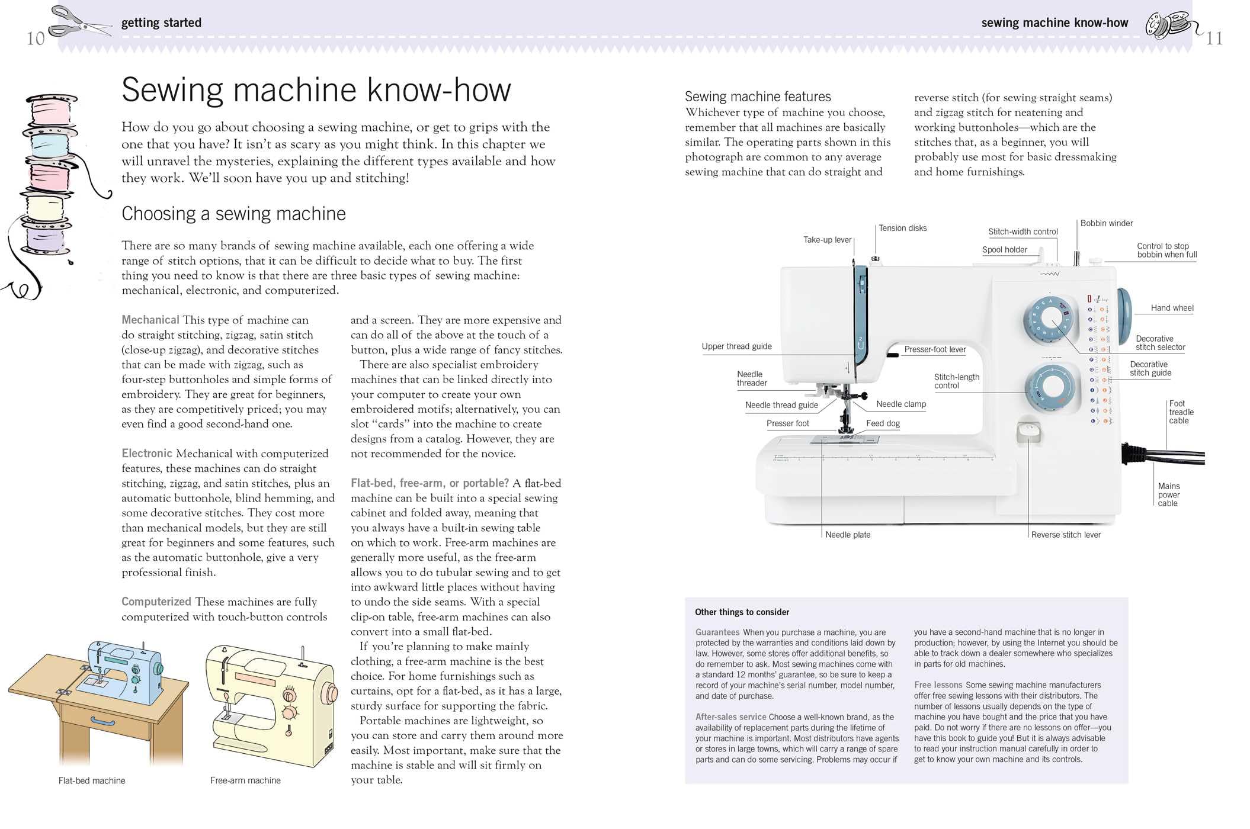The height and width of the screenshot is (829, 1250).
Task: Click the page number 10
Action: click(36, 39)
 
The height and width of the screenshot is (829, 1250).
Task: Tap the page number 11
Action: click(1214, 39)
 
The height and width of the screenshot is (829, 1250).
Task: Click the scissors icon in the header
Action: click(79, 23)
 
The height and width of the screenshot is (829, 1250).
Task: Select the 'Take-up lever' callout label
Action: click(826, 240)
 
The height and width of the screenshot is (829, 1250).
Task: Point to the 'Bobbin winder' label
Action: click(1106, 223)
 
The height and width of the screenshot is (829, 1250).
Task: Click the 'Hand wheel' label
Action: click(1171, 308)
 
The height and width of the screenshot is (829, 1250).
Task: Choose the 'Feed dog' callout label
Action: click(883, 423)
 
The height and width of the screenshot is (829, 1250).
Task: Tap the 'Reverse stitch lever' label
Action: click(1065, 535)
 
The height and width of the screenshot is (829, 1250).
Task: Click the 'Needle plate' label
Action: click(847, 535)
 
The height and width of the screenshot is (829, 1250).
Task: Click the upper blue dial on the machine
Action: click(1050, 320)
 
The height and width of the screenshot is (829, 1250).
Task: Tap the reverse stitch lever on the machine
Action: click(1028, 432)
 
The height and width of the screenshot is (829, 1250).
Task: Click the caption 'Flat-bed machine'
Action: click(92, 780)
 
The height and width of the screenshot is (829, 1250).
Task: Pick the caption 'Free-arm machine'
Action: click(245, 780)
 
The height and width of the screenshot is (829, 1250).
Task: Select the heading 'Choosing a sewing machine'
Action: click(233, 214)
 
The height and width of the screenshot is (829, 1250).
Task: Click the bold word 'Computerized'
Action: click(156, 602)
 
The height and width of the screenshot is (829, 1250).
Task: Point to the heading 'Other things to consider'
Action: click(742, 612)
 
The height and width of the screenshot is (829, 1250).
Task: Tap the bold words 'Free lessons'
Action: click(938, 685)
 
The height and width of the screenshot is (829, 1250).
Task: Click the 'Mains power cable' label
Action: click(1168, 494)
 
